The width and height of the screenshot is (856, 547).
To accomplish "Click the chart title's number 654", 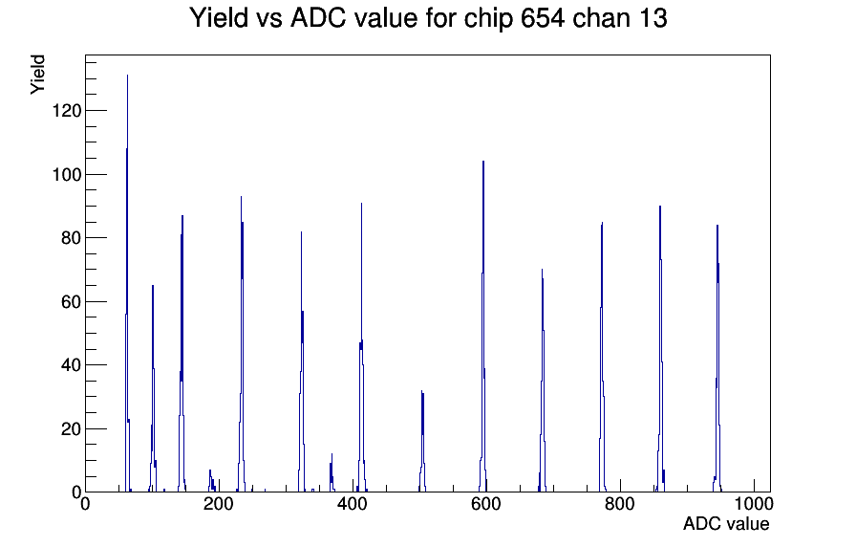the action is point(542,18).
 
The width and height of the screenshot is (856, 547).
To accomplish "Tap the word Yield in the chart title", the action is point(219,18).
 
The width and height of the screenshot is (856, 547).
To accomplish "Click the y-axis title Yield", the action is point(37,75).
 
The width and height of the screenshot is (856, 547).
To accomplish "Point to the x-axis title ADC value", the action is point(726,523).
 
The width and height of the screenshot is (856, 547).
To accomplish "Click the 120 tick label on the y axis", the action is point(66,111).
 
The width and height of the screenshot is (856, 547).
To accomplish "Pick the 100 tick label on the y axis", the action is point(66,175).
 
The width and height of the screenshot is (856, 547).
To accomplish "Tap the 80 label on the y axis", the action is point(71,238).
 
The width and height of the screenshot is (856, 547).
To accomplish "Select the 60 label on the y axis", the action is point(71,302).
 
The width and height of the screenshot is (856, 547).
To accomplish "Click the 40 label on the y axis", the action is point(71,365).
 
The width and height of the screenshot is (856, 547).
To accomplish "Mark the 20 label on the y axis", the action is point(71,429).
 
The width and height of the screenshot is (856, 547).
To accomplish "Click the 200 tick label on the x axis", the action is point(219,503).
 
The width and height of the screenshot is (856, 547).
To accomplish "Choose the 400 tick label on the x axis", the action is point(353,503).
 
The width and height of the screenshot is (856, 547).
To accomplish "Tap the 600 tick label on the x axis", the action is point(486,503).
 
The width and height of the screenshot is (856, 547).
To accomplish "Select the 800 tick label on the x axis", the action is point(620,503).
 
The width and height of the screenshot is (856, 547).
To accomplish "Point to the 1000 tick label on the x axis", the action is point(754,503).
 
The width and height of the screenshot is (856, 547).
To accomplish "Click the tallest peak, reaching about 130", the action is point(127,76).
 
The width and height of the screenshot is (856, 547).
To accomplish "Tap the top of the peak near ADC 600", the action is point(483,162).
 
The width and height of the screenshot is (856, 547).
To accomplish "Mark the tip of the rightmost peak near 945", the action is point(717,225).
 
